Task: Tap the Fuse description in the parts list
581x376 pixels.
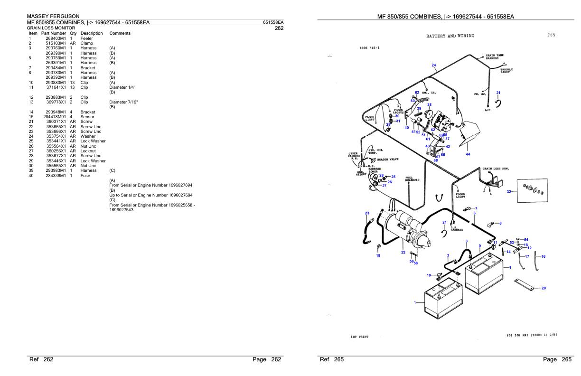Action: point(86,176)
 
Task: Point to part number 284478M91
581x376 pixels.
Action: point(55,116)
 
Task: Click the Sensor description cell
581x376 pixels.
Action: point(88,116)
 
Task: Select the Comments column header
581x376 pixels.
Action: point(120,33)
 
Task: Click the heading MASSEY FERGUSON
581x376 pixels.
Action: point(53,17)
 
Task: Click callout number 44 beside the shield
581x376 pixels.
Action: point(468,154)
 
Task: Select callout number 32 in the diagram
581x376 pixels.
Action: point(509,191)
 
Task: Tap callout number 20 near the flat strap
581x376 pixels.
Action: point(544,288)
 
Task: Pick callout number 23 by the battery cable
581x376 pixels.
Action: point(367,213)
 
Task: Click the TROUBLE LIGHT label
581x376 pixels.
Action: point(506,71)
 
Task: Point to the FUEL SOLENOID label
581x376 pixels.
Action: point(412,179)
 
